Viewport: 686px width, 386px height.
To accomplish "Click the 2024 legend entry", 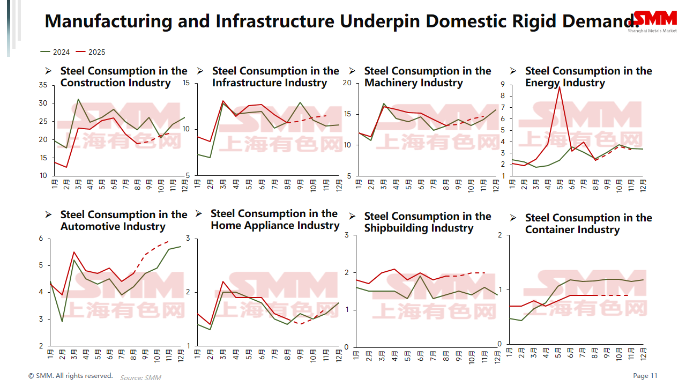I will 55,52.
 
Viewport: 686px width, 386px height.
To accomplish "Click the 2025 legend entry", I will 91,52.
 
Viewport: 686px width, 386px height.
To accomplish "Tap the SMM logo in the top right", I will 655,19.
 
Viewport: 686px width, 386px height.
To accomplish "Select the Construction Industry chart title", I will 124,77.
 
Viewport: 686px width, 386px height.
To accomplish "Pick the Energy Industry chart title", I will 588,77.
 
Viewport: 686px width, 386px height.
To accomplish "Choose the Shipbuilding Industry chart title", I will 427,222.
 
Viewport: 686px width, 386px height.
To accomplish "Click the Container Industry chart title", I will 588,224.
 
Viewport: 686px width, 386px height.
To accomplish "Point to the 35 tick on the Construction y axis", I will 43,85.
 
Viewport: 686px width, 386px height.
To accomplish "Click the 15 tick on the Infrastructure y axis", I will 187,83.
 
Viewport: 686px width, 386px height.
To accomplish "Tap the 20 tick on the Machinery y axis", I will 347,83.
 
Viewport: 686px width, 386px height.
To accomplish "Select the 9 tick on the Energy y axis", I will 503,84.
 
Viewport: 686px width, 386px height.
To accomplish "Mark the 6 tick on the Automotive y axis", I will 41,239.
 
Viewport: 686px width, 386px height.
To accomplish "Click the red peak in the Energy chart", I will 560,87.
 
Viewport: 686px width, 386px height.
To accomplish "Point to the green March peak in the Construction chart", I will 78,99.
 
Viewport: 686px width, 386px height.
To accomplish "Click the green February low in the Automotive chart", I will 62,322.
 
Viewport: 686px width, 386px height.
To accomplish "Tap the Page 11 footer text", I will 645,376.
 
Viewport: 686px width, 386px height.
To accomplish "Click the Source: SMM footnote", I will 140,377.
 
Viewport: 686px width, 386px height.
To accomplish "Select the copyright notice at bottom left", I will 71,376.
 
